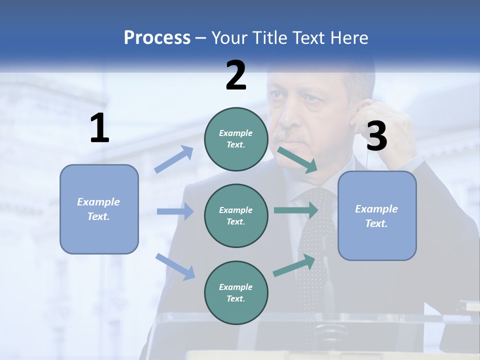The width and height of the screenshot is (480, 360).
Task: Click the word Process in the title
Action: coord(157,37)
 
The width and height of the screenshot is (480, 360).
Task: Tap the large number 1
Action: coord(99,128)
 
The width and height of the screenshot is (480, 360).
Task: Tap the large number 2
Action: coord(235,75)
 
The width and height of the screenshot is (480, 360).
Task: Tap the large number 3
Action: coord(376,136)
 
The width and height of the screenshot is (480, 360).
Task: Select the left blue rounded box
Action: coord(99,209)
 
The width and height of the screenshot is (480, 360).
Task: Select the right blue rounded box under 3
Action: coord(377,216)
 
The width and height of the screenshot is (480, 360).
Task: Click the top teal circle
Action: coord(236,139)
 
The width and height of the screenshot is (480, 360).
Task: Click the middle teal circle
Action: coord(236,215)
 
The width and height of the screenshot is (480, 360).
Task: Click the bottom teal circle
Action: coord(236,292)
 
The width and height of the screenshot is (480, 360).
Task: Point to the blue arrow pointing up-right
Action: coord(174,159)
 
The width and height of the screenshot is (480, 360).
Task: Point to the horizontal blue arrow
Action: coord(175,211)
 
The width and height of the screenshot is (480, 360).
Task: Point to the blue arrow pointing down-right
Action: coord(175,266)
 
